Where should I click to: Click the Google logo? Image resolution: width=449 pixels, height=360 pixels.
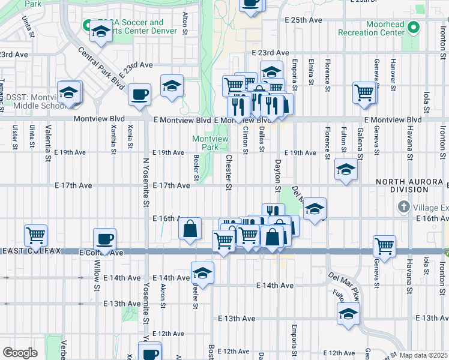coord(20,353)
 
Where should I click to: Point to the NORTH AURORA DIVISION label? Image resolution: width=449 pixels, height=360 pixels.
coord(411,185)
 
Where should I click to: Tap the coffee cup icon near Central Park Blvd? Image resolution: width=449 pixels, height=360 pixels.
coord(139,94)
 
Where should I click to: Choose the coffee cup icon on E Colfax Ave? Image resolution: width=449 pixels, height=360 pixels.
coord(104,239)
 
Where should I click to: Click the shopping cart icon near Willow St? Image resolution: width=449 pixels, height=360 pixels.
coord(35,235)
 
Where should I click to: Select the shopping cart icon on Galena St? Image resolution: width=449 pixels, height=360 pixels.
coord(364,92)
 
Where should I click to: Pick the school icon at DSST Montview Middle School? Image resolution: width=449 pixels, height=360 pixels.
coord(69,92)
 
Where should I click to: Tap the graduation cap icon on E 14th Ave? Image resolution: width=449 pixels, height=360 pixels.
coord(202,272)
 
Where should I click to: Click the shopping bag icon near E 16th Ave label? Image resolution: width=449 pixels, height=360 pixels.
coord(190,229)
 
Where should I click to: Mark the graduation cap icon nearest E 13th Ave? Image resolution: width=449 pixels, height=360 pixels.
coord(348,313)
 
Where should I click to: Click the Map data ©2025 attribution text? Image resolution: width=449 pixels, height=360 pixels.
coord(424,355)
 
